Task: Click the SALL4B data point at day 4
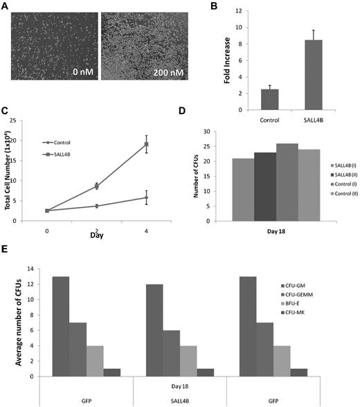[x=147, y=144]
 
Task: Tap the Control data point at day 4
[x=147, y=197]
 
